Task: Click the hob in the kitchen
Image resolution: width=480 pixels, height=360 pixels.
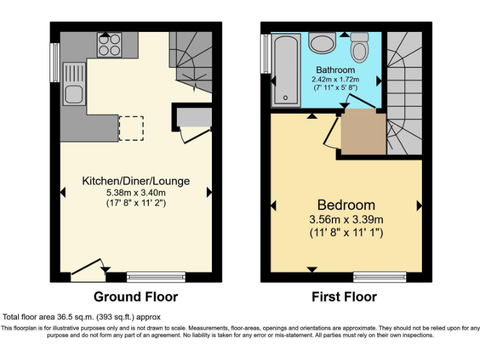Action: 109,45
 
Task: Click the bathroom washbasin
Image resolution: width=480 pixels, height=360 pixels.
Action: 322,44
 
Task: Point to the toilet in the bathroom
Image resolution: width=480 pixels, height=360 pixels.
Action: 361,47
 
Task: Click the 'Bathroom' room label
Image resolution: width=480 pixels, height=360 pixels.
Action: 335,70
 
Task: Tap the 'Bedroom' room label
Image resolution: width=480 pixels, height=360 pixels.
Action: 346,204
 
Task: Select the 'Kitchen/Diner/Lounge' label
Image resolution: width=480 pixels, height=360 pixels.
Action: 136,181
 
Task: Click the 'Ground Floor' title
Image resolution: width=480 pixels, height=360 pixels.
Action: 136,296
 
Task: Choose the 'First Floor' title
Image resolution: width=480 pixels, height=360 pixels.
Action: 344,297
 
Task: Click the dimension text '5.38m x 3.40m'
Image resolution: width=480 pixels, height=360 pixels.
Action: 136,192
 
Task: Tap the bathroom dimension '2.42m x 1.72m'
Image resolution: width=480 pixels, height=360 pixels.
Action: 335,80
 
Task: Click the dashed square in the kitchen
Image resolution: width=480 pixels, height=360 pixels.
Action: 131,127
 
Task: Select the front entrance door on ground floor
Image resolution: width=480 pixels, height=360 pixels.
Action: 87,270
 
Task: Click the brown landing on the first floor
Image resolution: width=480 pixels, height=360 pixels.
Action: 362,131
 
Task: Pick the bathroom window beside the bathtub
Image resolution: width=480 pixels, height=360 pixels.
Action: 265,54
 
